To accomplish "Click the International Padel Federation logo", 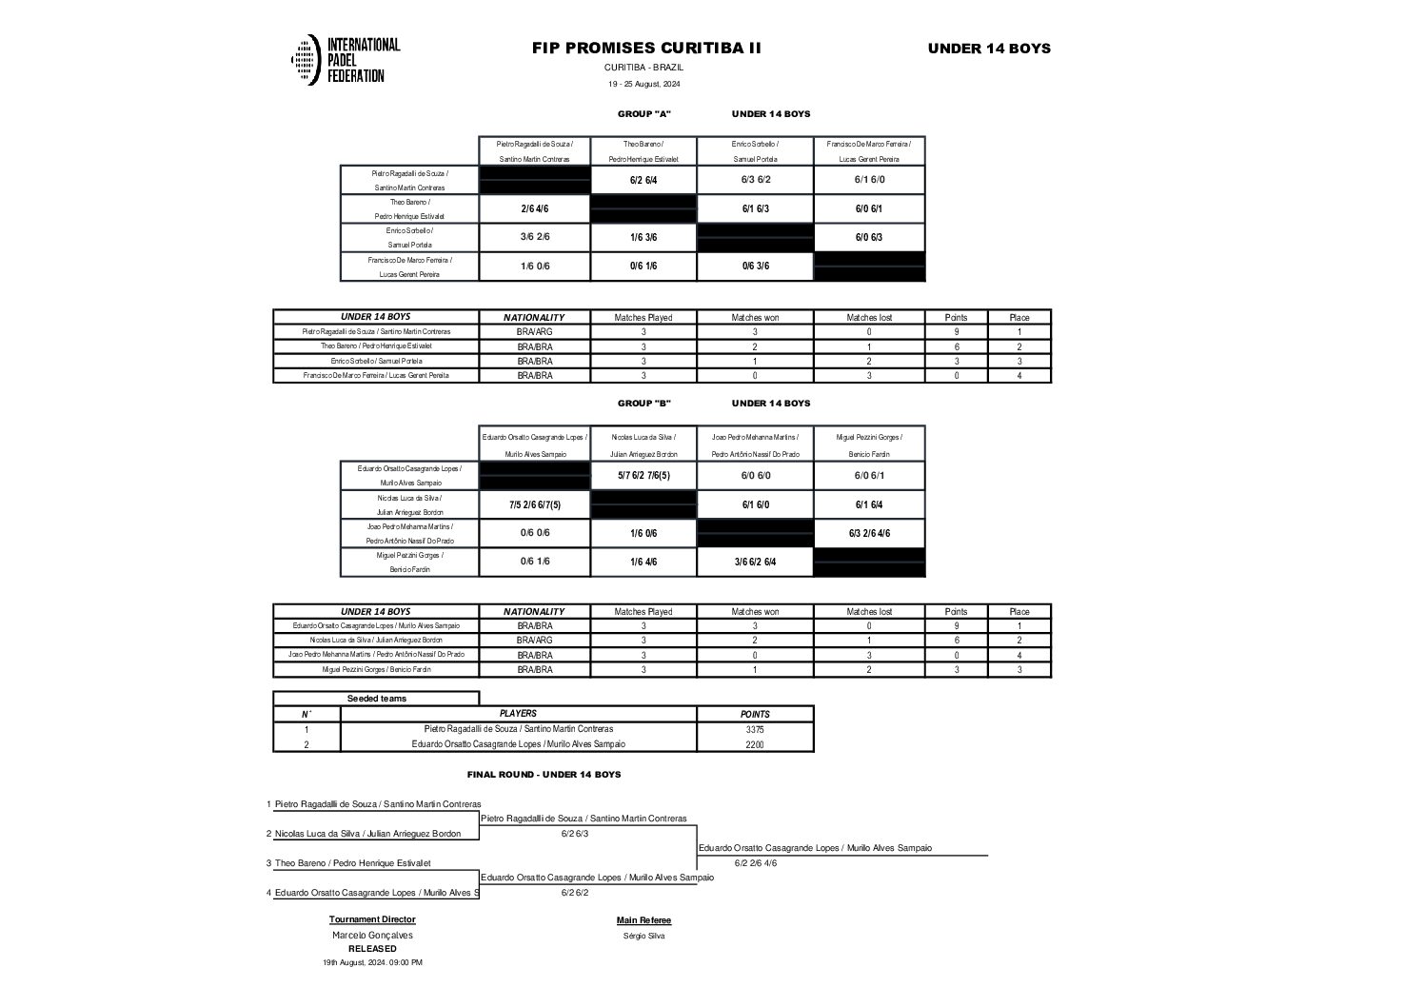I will pyautogui.click(x=345, y=60).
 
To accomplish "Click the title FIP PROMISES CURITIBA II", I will pyautogui.click(x=646, y=49).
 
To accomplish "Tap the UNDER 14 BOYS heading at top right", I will pyautogui.click(x=989, y=49).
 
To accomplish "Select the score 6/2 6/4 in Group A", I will pyautogui.click(x=643, y=180).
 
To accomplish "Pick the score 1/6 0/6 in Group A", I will pyautogui.click(x=535, y=267).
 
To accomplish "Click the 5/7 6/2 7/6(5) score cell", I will pyautogui.click(x=643, y=475).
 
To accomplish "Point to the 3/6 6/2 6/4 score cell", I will pyautogui.click(x=755, y=562).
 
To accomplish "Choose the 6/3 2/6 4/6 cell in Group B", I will pyautogui.click(x=869, y=533).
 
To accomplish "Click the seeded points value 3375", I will pyautogui.click(x=754, y=729).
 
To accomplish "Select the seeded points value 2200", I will pyautogui.click(x=754, y=744).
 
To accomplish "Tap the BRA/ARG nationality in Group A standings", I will pyautogui.click(x=534, y=332).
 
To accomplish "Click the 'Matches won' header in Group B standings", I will pyautogui.click(x=755, y=612).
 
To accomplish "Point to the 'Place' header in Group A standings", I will pyautogui.click(x=1019, y=318).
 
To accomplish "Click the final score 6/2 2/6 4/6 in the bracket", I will pyautogui.click(x=755, y=863).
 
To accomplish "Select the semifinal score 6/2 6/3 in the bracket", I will pyautogui.click(x=575, y=834).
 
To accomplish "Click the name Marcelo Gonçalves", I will pyautogui.click(x=372, y=935).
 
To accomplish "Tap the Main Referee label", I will pyautogui.click(x=643, y=920).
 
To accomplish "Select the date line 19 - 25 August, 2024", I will pyautogui.click(x=644, y=84).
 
